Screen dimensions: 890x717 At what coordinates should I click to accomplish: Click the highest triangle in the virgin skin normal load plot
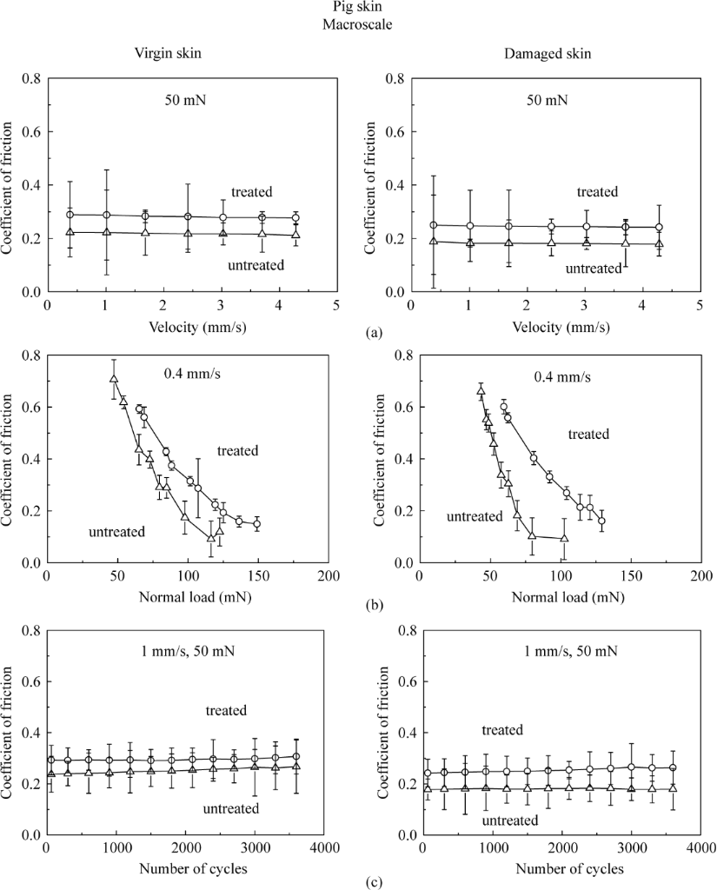pos(113,378)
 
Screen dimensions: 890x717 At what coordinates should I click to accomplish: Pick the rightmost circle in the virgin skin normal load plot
pos(256,524)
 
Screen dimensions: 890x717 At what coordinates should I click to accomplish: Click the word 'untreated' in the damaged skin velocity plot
pos(594,269)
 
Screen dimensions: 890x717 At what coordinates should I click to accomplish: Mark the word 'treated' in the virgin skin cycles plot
pos(226,711)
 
